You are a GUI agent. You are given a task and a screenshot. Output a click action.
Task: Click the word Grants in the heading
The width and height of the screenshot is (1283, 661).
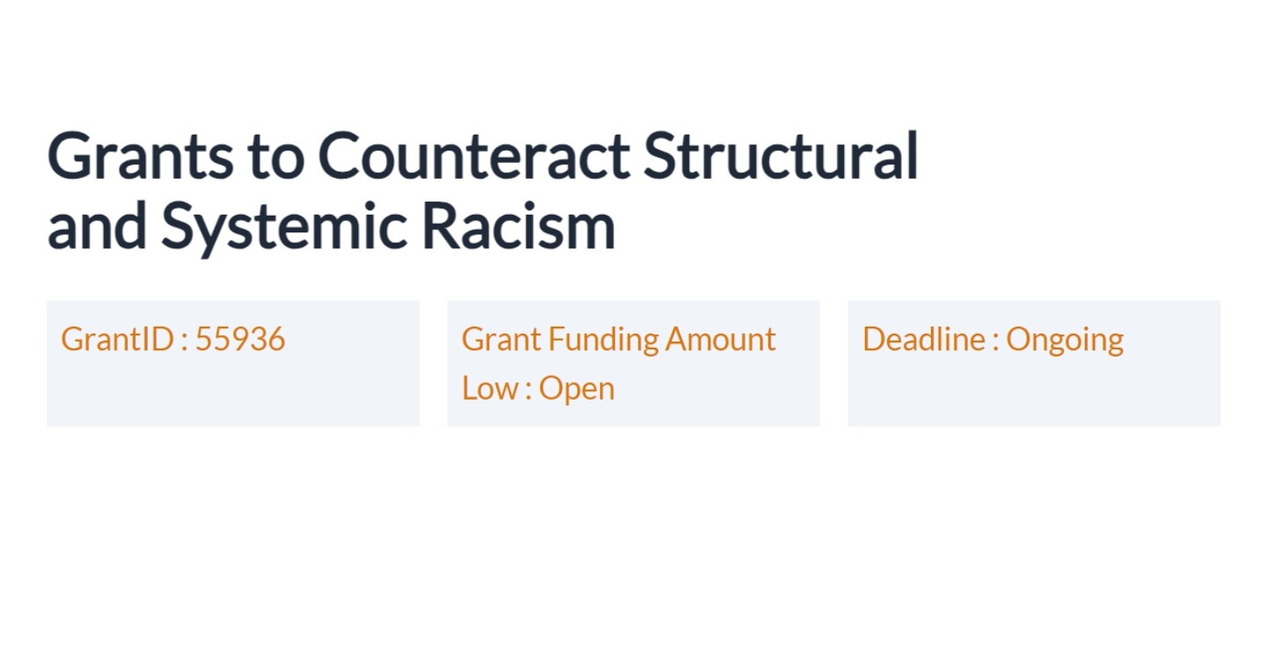140,156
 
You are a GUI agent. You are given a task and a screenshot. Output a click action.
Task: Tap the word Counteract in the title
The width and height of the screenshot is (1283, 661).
473,156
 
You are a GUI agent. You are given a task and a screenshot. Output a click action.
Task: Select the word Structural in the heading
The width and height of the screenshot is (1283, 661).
781,156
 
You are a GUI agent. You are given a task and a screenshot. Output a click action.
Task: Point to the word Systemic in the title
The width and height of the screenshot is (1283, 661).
283,226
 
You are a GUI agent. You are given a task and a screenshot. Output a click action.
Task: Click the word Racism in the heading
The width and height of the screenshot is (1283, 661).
518,226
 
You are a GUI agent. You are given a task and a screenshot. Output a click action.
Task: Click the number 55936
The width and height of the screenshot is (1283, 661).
240,340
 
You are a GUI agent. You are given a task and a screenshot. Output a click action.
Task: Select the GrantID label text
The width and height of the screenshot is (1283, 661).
118,340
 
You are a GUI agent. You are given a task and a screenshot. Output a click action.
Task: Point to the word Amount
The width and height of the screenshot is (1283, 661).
721,340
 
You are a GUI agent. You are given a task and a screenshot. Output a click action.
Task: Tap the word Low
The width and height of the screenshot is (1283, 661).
489,389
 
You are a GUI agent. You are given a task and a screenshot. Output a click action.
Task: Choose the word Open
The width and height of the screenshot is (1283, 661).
576,389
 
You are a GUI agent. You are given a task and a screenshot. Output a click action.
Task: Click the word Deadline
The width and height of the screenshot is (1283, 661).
922,340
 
